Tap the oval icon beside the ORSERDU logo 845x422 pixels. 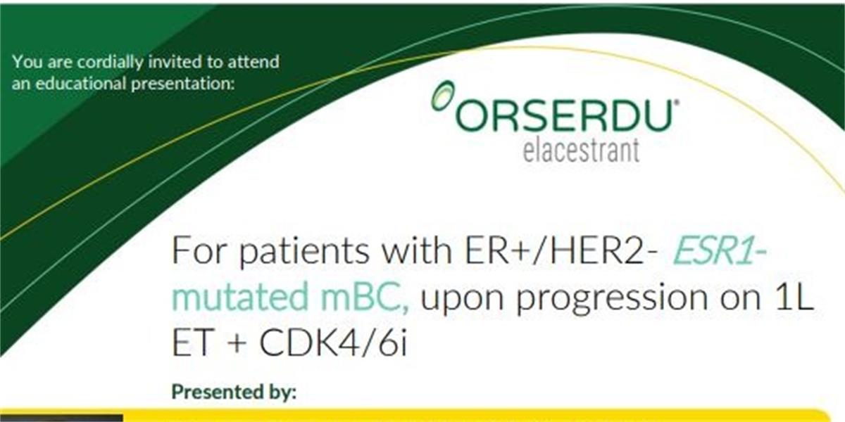442,96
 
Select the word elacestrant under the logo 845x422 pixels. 582,151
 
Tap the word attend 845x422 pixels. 253,62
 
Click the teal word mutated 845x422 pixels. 240,297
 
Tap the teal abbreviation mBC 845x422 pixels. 365,297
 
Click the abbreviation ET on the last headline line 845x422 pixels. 192,343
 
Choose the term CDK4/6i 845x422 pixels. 334,343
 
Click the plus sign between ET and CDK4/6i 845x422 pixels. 235,344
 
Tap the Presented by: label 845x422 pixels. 234,392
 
